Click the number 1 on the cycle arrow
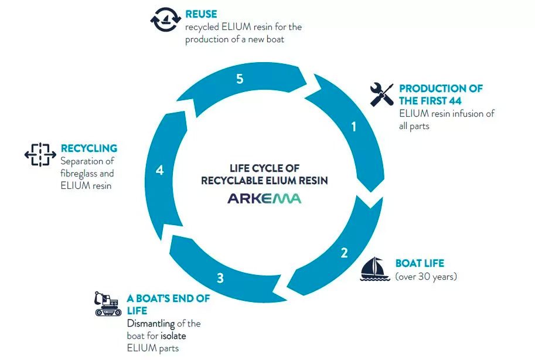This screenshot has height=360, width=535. tap(354, 127)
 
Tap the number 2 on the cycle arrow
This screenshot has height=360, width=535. tap(345, 253)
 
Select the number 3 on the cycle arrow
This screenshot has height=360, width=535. tap(220, 278)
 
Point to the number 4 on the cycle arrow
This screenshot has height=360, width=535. tap(160, 170)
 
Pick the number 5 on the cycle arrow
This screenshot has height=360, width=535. tap(240, 79)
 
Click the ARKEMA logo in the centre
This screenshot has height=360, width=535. tap(264, 198)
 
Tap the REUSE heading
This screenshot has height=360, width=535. tap(201, 14)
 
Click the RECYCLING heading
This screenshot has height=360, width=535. tap(89, 148)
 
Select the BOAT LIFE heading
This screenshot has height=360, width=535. tap(420, 263)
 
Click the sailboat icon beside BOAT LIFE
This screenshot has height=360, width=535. tap(374, 269)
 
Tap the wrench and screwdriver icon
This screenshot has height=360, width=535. tap(382, 94)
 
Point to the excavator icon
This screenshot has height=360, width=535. tap(108, 304)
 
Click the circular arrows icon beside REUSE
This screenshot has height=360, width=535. tap(165, 19)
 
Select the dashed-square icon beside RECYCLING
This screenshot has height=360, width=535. tap(40, 155)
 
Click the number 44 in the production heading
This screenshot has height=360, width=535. tap(455, 101)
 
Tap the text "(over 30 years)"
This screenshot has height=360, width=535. tap(426, 276)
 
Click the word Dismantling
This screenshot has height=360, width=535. tap(151, 324)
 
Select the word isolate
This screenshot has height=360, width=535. tap(173, 336)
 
